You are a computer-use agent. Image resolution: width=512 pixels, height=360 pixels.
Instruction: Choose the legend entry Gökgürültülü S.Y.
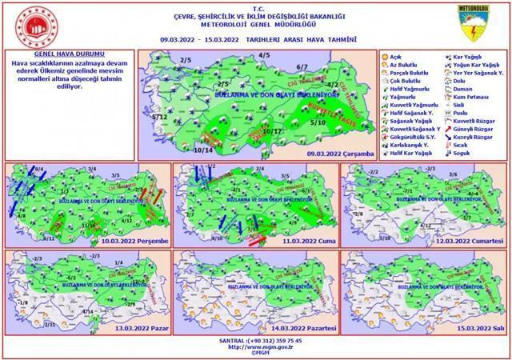pyautogui.click(x=413, y=135)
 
